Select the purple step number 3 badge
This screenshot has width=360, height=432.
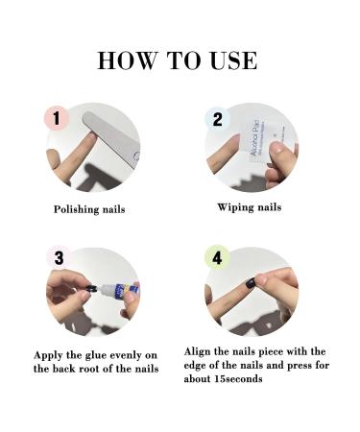coord(60,258)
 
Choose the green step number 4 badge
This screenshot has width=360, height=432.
coord(217,258)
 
